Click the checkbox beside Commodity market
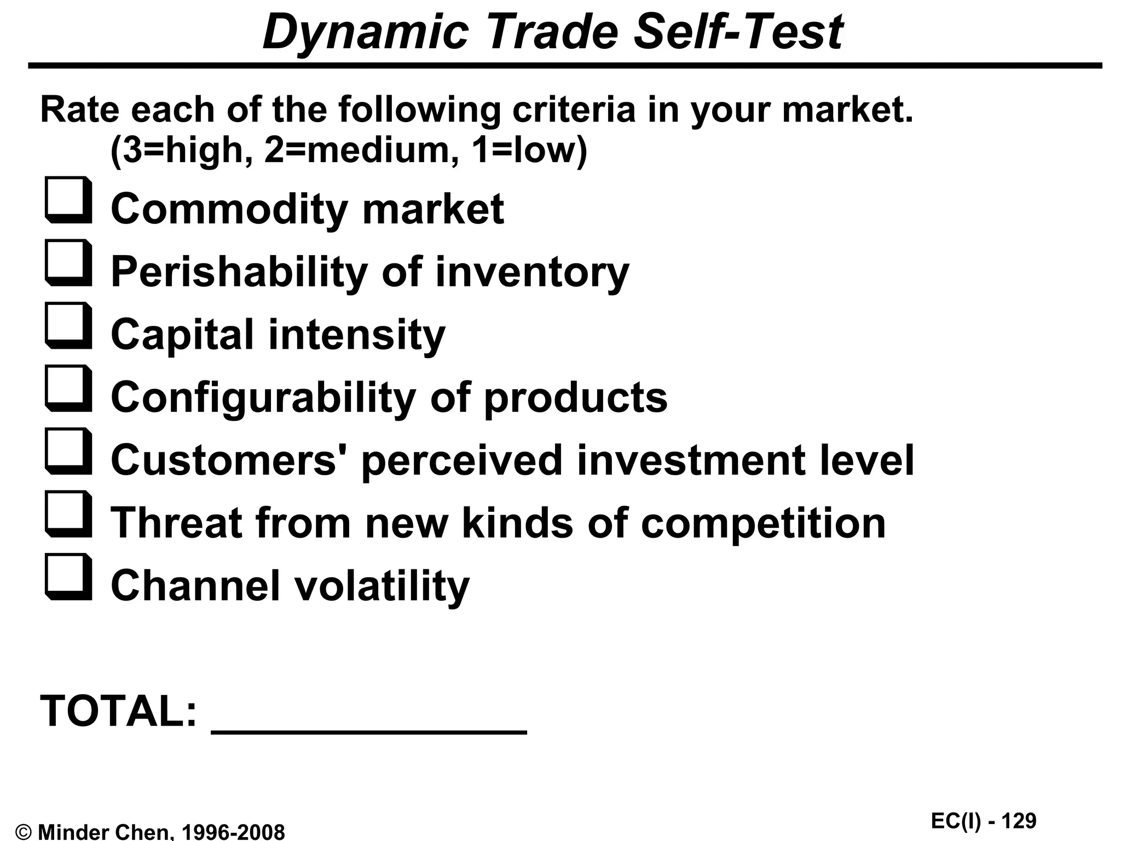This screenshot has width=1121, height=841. [x=68, y=200]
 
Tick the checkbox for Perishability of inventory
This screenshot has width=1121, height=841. [x=68, y=263]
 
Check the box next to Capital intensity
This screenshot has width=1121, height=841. [x=68, y=326]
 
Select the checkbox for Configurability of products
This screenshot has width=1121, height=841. [x=68, y=389]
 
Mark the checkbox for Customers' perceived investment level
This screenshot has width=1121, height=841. [x=68, y=452]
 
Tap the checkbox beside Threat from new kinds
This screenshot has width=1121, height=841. [x=68, y=515]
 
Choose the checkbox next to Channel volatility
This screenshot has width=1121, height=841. [x=68, y=578]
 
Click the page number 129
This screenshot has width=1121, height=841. [x=1019, y=821]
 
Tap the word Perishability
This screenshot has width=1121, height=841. [x=239, y=272]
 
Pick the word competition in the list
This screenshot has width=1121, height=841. [x=762, y=523]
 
